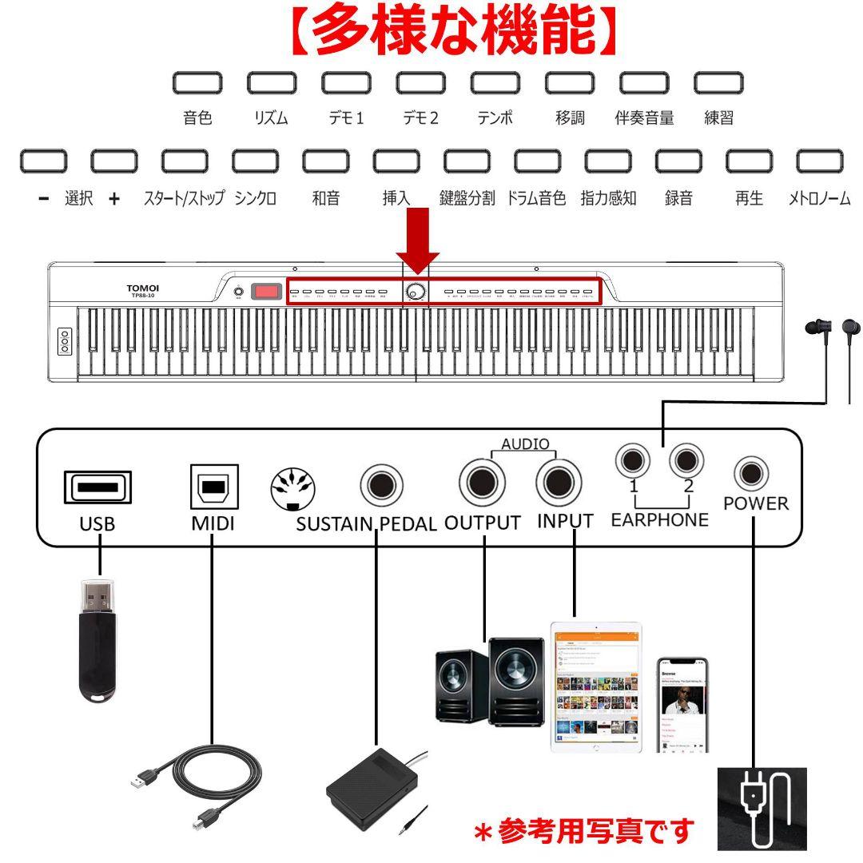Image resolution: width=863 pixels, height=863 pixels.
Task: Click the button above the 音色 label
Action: point(197,82)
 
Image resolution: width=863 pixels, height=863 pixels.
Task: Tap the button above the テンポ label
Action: point(495,82)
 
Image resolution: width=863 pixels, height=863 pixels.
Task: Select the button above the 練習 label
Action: point(718,82)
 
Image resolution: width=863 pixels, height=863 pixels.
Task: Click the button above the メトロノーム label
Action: point(820,161)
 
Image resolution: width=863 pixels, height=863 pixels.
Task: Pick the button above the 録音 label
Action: point(678,161)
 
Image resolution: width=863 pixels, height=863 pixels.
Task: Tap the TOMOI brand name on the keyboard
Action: point(143,288)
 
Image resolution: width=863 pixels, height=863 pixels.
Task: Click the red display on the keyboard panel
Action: point(267,292)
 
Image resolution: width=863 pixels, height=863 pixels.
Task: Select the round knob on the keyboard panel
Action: point(416,292)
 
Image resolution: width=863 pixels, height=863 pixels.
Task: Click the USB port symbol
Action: point(98,487)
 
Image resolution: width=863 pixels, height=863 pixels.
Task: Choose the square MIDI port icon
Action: point(213,487)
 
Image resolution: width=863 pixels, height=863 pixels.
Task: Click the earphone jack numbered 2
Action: point(686,459)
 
